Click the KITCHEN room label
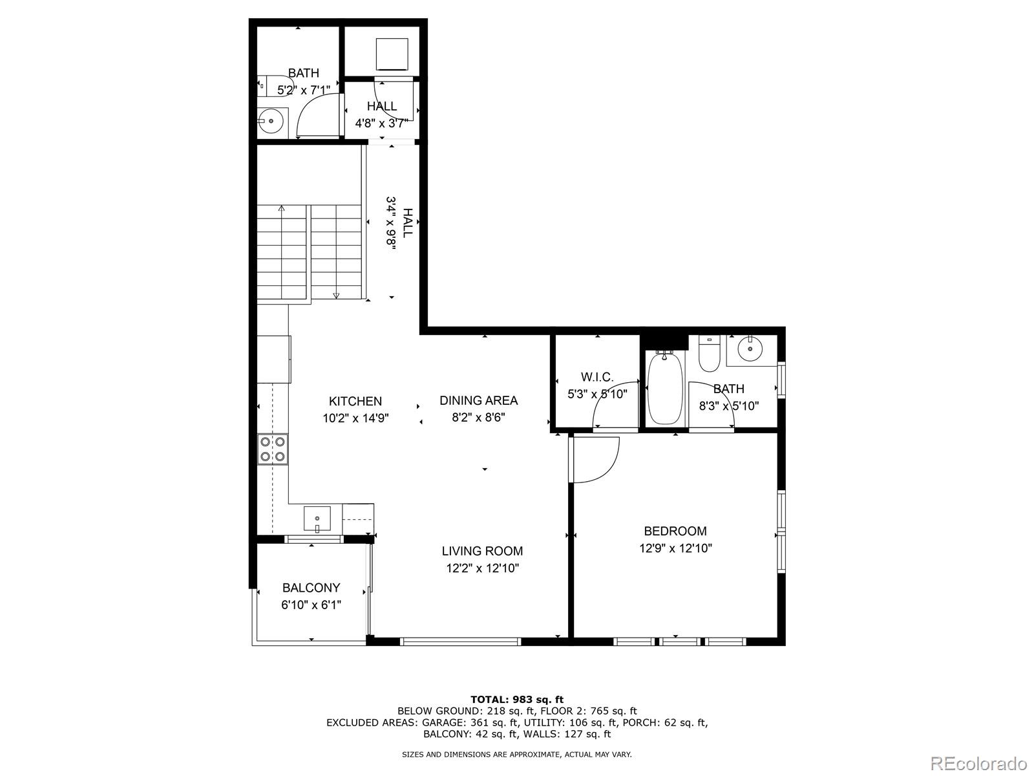click(355, 401)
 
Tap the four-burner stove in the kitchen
click(273, 449)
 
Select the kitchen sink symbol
click(317, 519)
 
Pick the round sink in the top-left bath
click(270, 120)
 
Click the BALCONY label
click(311, 588)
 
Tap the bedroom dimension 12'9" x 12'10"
click(675, 548)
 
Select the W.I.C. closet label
click(596, 377)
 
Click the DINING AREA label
click(478, 400)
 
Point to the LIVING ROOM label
click(482, 551)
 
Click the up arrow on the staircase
click(281, 209)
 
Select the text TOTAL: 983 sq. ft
click(516, 699)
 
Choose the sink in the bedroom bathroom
click(750, 350)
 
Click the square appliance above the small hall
click(392, 54)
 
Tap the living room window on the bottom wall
click(460, 641)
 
